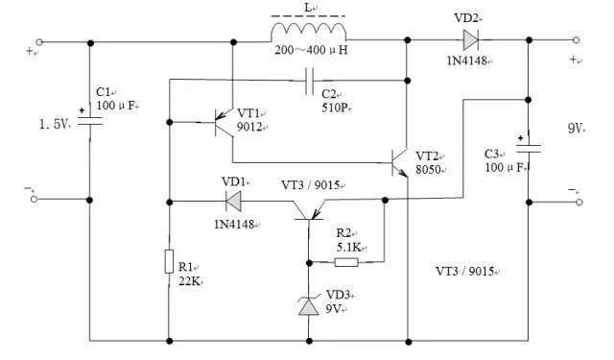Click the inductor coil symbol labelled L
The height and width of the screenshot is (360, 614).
coord(308,32)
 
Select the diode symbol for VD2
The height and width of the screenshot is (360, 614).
coord(471,40)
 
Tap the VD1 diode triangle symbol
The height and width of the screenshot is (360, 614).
coord(233,202)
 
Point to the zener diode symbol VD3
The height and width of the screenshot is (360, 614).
coord(309,306)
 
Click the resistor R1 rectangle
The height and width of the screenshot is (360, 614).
coord(169,261)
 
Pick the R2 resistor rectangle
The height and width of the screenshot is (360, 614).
coord(346,262)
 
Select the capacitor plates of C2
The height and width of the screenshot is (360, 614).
coord(309,81)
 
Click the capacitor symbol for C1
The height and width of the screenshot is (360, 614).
coord(89,121)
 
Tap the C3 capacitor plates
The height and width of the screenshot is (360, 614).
coord(529,149)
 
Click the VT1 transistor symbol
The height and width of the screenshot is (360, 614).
coord(224,123)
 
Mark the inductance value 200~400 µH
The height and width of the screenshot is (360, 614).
coord(311,50)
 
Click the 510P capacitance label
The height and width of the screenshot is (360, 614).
coord(336,108)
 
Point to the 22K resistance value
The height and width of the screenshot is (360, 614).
coord(190,281)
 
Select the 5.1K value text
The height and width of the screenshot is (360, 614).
coord(349,247)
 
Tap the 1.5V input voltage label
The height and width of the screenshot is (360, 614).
coord(54,124)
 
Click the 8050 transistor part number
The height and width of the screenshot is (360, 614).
coord(430,170)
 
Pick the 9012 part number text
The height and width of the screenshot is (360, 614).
coord(251,127)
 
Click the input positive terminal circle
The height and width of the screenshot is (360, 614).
coord(39,42)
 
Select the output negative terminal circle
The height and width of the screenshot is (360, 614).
coord(579,203)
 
